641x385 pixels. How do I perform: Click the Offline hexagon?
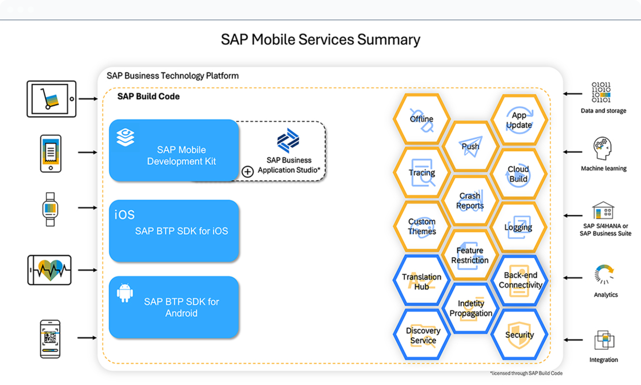pos(421,119)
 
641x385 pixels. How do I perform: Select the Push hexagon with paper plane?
pos(470,146)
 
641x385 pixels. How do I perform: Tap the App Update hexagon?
pos(519,120)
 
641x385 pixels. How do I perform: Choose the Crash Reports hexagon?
pos(470,201)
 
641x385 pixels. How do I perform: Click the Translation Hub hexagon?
pos(421,281)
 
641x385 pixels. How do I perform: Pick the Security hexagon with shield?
pos(519,335)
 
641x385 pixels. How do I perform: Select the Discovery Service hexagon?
pos(423,335)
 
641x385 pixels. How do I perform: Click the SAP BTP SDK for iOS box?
pos(174,231)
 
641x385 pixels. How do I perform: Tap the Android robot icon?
pos(125,293)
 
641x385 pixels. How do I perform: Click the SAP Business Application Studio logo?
pos(288,140)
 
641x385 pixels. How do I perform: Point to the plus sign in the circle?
pos(248,172)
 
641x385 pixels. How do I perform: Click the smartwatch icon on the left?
pos(50,209)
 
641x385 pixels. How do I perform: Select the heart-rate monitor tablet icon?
pos(49,270)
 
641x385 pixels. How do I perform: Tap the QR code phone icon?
pos(50,339)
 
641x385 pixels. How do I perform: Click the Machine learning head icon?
pos(602,148)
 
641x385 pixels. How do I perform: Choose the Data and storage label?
pos(603,111)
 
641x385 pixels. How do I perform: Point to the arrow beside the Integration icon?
pos(573,340)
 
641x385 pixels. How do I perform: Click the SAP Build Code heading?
pos(148,96)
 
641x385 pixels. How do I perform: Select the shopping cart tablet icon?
pos(51,99)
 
